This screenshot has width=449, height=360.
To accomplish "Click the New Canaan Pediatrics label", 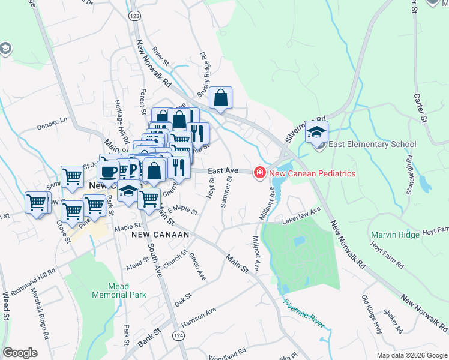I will click(312, 173).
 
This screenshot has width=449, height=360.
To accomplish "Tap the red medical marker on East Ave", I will click(260, 173).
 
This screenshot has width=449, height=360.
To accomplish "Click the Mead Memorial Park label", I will click(110, 291).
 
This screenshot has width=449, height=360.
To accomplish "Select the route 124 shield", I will click(178, 334).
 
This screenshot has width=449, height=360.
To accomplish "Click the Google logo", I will click(20, 353).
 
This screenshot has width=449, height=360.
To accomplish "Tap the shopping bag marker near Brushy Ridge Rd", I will click(221, 98).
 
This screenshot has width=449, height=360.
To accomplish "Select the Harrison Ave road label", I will click(198, 317).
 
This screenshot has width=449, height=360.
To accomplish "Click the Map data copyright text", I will click(412, 355).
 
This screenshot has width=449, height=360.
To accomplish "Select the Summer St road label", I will click(226, 192).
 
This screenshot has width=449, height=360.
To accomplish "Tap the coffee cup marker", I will click(108, 171).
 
